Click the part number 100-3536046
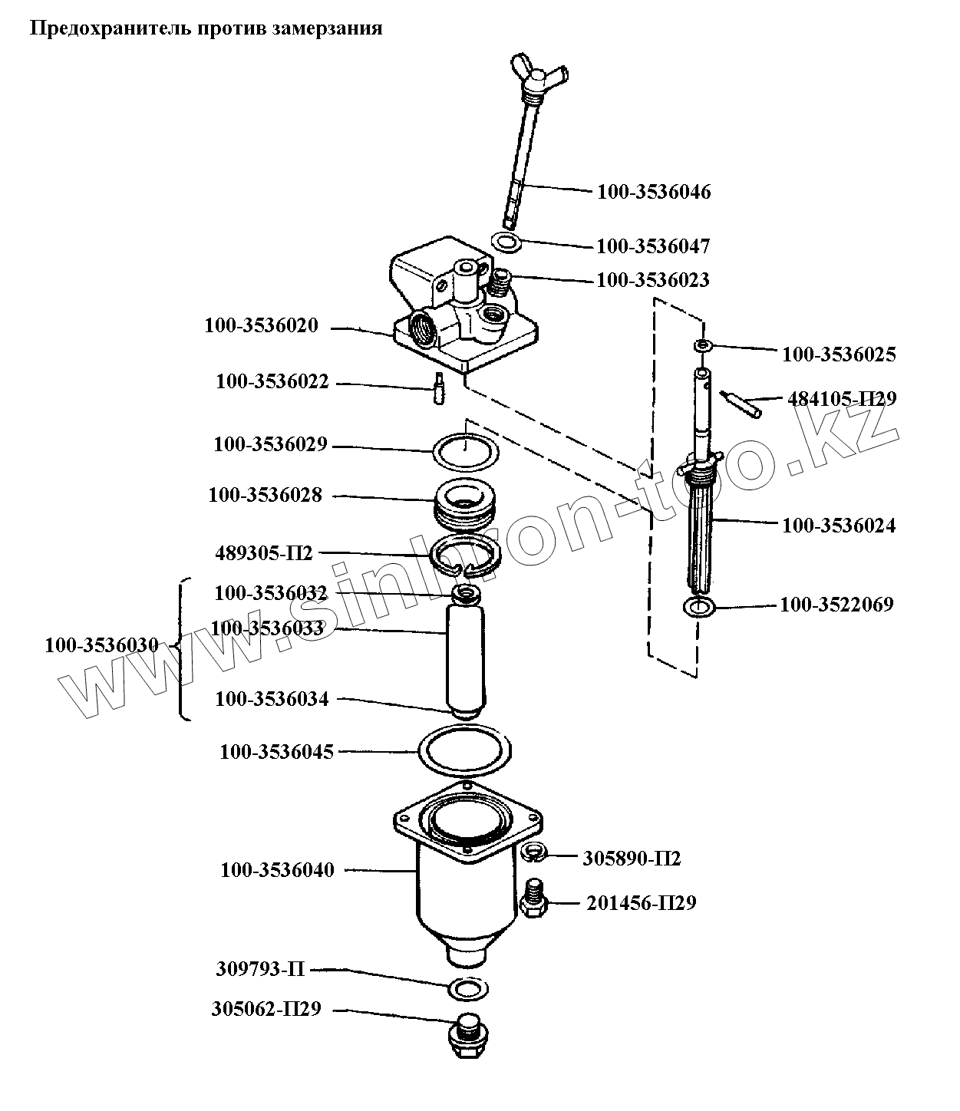click(x=654, y=192)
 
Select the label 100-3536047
click(x=653, y=246)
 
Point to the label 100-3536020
click(x=261, y=325)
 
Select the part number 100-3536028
click(x=265, y=496)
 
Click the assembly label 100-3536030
click(x=101, y=646)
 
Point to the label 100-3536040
click(x=277, y=871)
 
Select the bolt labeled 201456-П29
click(x=533, y=897)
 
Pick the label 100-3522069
click(x=836, y=605)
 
